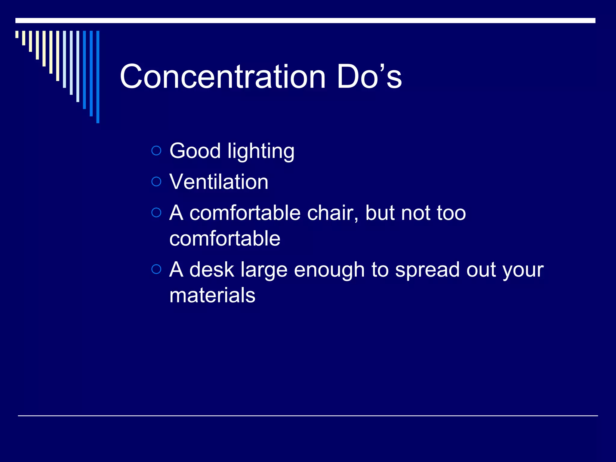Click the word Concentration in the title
[x=223, y=77]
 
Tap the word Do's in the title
[x=369, y=77]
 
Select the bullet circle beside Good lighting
[x=156, y=150]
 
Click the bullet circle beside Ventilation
[x=156, y=182]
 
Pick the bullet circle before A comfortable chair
[x=156, y=213]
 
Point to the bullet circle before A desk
[x=156, y=269]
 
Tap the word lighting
[x=261, y=152]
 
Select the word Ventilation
[x=219, y=182]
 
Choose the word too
[x=451, y=213]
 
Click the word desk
[x=211, y=269]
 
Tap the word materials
[x=212, y=295]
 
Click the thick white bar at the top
[x=305, y=20]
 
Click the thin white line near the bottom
[x=308, y=416]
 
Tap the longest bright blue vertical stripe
[x=98, y=77]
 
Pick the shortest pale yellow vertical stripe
[x=17, y=34]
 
